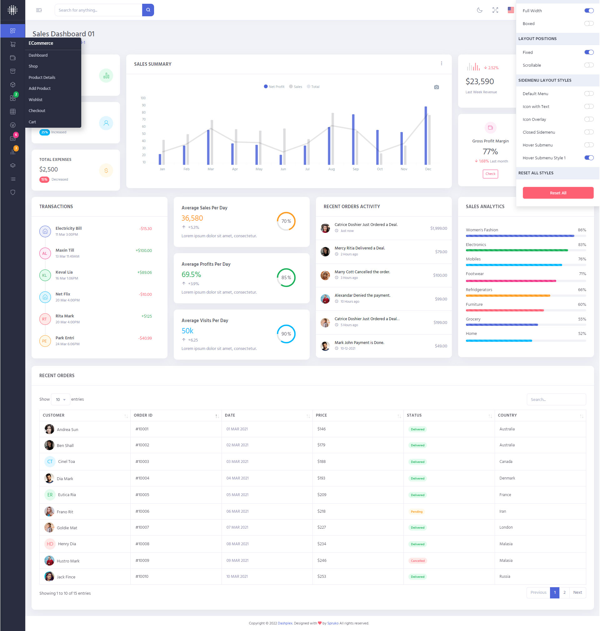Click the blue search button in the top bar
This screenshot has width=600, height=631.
pyautogui.click(x=148, y=10)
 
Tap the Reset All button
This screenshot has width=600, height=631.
pyautogui.click(x=558, y=193)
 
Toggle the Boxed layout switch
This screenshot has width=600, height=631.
pyautogui.click(x=588, y=23)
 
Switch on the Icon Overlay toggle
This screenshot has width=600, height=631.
pyautogui.click(x=588, y=119)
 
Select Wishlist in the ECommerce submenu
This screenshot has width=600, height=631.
pyautogui.click(x=36, y=100)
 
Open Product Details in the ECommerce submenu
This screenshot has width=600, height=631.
pyautogui.click(x=42, y=78)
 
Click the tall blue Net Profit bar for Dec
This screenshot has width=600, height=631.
pyautogui.click(x=425, y=135)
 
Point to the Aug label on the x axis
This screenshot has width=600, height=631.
pyautogui.click(x=331, y=169)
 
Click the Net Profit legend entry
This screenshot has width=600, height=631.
pyautogui.click(x=274, y=87)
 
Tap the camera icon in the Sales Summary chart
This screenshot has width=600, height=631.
pyautogui.click(x=436, y=87)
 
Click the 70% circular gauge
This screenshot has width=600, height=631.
pyautogui.click(x=286, y=221)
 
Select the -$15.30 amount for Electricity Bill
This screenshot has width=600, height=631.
pyautogui.click(x=146, y=229)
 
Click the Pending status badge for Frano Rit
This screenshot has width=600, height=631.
pyautogui.click(x=417, y=511)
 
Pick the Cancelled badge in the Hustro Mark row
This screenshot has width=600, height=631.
pyautogui.click(x=417, y=561)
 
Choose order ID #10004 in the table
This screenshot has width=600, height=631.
pyautogui.click(x=142, y=478)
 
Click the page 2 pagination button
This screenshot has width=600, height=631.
pyautogui.click(x=564, y=593)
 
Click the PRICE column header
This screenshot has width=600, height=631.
pyautogui.click(x=322, y=415)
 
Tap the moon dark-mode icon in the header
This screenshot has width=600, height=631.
pyautogui.click(x=479, y=10)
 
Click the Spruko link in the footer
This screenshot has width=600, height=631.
pyautogui.click(x=332, y=623)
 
